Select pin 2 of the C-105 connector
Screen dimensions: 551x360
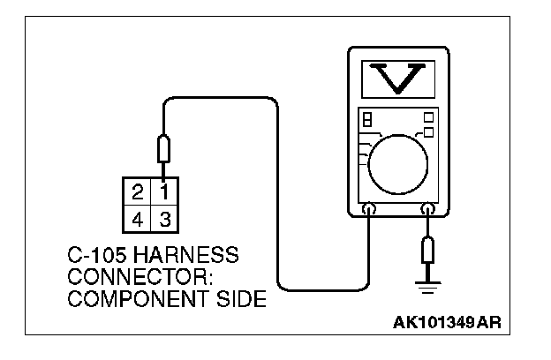coord(138,191)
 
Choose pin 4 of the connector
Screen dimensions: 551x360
coord(138,215)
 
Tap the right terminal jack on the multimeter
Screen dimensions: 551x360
coord(428,210)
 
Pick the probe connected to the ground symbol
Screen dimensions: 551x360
coord(428,251)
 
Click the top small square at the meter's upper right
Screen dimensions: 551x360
coord(428,116)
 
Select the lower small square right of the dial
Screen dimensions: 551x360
coord(428,132)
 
